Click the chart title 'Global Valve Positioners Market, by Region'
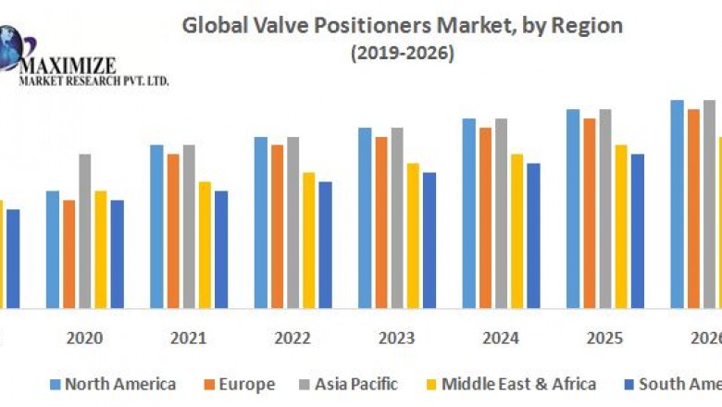click(402, 25)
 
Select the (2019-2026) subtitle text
click(402, 54)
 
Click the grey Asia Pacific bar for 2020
click(85, 230)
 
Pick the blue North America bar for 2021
click(156, 226)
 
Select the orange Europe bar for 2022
click(277, 226)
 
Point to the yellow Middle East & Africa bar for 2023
click(413, 235)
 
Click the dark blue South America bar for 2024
click(533, 235)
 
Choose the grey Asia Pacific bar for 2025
click(605, 208)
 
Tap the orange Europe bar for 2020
click(68, 253)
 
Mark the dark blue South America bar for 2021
click(221, 249)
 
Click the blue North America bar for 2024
click(469, 213)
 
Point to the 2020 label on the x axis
click(84, 338)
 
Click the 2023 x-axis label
click(397, 338)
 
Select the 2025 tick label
click(605, 338)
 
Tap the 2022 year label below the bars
click(293, 338)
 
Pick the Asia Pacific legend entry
click(346, 383)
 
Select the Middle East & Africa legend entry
click(510, 383)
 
